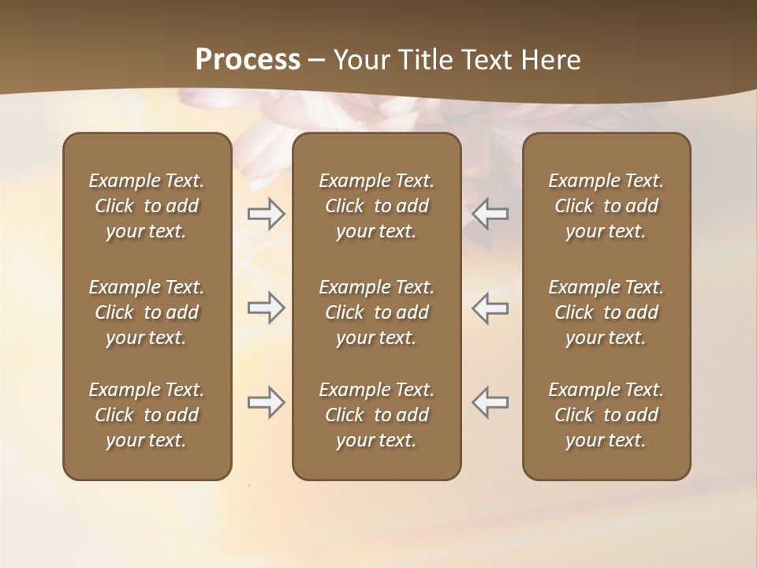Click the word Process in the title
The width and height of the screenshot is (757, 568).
248,60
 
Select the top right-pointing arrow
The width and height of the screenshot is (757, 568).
266,214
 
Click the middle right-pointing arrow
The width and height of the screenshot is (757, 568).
266,308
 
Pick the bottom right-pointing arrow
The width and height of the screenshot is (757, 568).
266,402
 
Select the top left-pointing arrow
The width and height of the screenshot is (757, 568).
490,214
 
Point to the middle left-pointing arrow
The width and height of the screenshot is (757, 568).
490,308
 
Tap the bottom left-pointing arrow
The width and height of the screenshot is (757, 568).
490,402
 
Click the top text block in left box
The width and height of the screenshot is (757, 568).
147,206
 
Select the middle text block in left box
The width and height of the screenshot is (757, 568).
147,312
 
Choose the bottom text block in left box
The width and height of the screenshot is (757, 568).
147,415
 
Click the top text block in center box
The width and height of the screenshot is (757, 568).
377,206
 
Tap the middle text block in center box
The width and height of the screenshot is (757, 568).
377,312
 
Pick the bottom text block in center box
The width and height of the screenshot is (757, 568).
377,415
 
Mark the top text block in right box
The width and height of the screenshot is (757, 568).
606,206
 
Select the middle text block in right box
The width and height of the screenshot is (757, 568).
606,312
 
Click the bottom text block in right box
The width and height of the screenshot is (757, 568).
606,415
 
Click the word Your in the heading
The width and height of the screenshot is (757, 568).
360,60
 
